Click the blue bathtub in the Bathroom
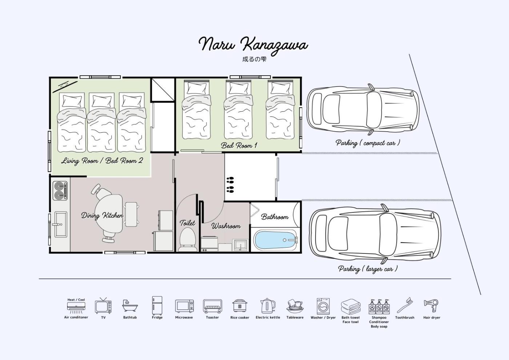click(276, 240)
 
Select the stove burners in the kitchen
click(60, 191)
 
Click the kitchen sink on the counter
click(61, 224)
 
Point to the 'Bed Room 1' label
click(239, 145)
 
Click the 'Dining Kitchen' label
click(102, 215)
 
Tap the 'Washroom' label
click(226, 226)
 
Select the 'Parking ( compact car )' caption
click(368, 143)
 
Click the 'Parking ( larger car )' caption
click(368, 269)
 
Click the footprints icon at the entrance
click(230, 185)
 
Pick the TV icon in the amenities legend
click(103, 305)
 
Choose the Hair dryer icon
click(431, 306)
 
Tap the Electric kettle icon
click(268, 306)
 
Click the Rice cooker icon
click(240, 306)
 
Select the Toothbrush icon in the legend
click(404, 305)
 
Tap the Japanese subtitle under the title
click(254, 59)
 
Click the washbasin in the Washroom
click(240, 245)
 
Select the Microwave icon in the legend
click(184, 306)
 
